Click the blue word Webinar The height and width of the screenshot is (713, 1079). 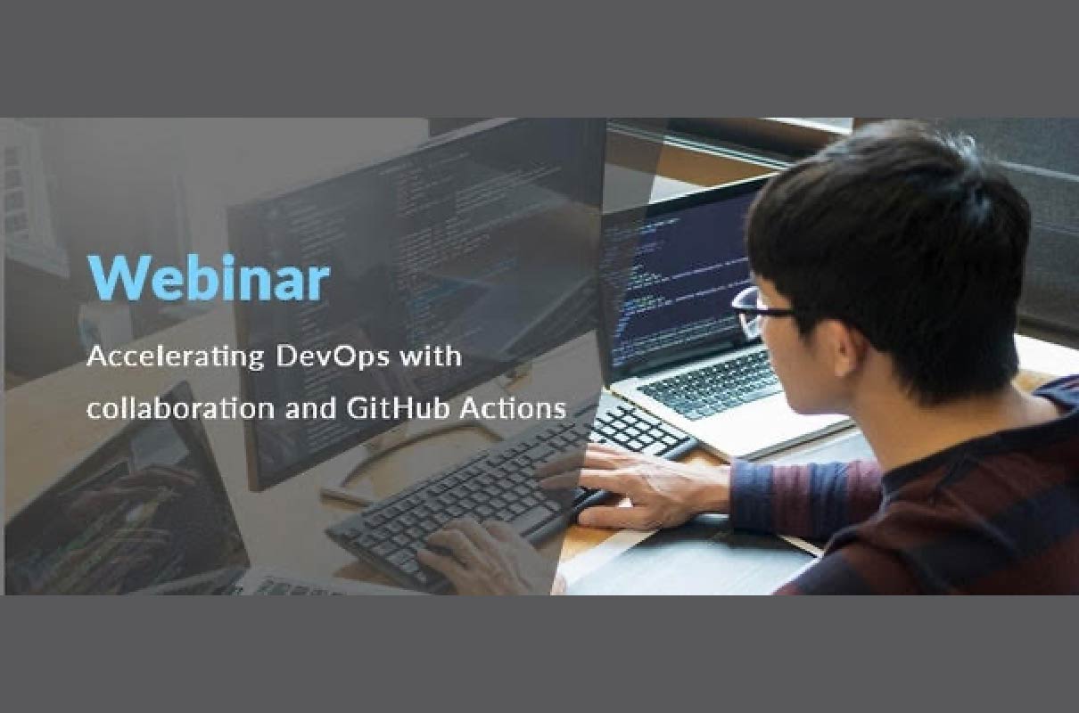tap(209, 278)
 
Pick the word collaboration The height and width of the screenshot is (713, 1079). tap(181, 408)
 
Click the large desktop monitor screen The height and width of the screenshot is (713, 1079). tap(415, 299)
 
